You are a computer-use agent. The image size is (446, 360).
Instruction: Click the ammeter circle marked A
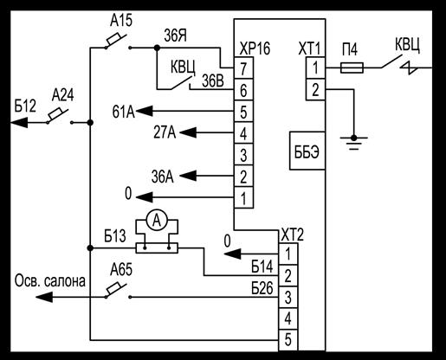pos(157,221)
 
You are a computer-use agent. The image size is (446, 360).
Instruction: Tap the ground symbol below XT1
pos(353,143)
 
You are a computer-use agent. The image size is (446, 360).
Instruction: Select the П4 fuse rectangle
pos(352,68)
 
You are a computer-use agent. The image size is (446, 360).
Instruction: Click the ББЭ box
pos(307,151)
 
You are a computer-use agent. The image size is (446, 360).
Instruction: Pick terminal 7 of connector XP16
pos(243,68)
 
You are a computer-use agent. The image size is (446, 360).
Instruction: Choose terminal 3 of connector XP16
pos(243,155)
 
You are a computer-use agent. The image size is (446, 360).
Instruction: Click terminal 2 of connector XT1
pos(315,89)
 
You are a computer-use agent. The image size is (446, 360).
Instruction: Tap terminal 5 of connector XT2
pos(288,340)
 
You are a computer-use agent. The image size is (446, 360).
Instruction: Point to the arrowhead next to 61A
pos(144,111)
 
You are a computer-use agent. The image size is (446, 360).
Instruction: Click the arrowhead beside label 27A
pos(188,132)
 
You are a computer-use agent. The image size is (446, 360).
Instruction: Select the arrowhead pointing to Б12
pos(19,123)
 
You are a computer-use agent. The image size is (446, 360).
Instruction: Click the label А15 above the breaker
pos(121,21)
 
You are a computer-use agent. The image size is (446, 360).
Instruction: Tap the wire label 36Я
pos(176,35)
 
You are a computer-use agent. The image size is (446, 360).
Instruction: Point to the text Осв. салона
pos(50,280)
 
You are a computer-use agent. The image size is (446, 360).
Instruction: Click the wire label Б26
pos(262,288)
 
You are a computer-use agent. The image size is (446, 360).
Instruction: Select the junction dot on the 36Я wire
pos(157,48)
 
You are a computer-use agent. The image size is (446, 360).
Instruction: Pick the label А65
pos(121,270)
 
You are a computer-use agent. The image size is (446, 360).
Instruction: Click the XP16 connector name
pos(255,48)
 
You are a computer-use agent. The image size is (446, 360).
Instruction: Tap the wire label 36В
pos(213,81)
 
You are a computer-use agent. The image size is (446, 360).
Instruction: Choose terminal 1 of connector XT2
pos(288,254)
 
